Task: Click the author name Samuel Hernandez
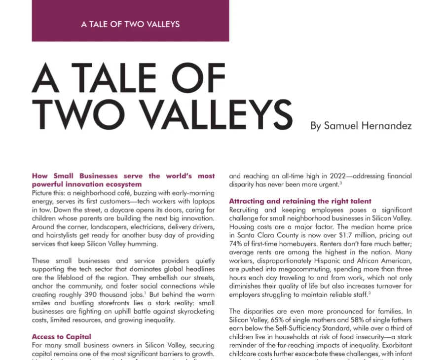point(361,125)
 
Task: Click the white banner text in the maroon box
point(130,24)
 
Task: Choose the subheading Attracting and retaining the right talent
point(300,201)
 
